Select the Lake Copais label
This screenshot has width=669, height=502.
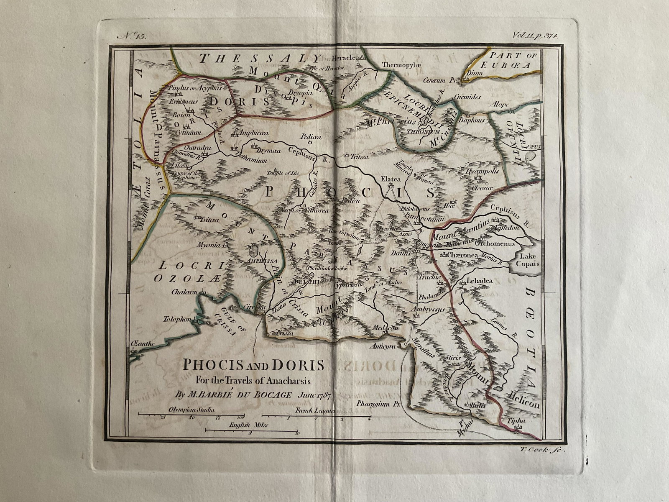tap(529, 260)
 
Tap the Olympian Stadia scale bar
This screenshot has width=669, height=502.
tap(192, 415)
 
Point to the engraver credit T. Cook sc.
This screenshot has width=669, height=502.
tap(544, 449)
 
